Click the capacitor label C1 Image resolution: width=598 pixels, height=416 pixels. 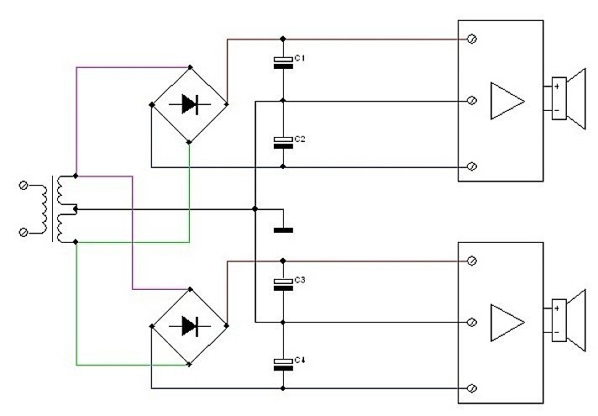tap(299, 58)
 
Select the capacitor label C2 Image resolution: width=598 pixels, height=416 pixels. tap(300, 139)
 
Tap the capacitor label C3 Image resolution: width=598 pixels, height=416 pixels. tap(300, 280)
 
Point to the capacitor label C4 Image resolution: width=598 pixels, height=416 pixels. tap(300, 360)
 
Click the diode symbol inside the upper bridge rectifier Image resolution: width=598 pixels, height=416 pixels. tap(190, 104)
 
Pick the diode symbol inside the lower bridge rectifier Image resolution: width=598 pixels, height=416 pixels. tap(190, 326)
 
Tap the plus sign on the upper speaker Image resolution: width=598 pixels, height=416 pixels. tap(557, 87)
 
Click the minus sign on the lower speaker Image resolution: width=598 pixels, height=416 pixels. tap(557, 333)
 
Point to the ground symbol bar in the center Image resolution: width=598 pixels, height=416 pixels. tap(283, 230)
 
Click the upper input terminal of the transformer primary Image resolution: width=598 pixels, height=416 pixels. tap(24, 186)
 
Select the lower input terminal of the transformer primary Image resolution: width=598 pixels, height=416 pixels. tap(24, 232)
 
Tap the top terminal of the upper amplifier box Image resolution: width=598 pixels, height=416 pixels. tap(472, 39)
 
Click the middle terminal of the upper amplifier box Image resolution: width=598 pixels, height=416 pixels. tap(472, 101)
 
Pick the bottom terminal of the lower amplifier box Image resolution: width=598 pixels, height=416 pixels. tap(472, 388)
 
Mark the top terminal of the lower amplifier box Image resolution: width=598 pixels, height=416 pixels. tap(472, 261)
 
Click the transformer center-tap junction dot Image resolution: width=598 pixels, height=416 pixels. tap(75, 209)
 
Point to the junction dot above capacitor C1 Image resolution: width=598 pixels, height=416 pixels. tap(282, 39)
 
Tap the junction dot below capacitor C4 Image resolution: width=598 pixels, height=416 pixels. tap(282, 388)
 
